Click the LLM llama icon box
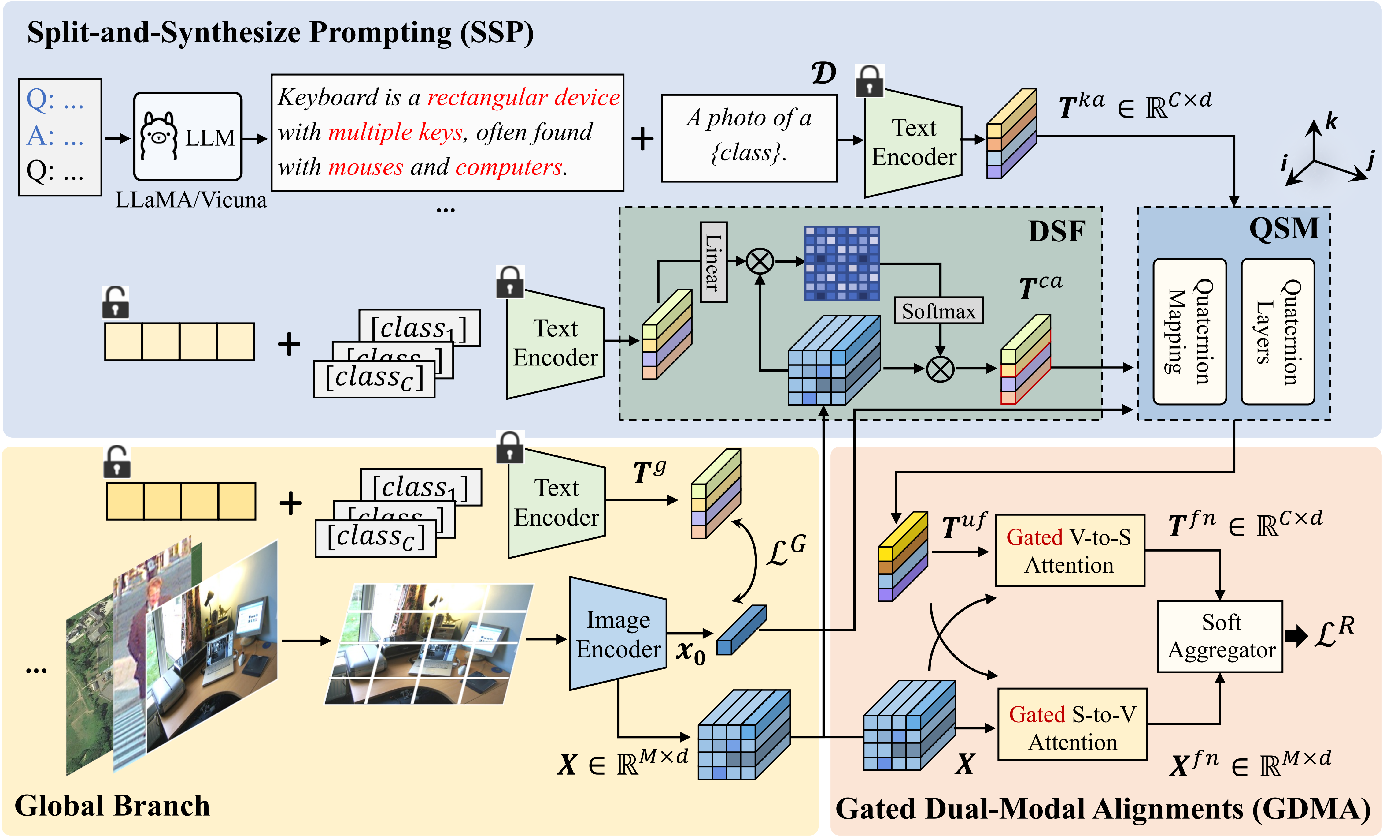tap(187, 137)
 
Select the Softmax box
tap(938, 311)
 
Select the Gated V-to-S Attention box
tap(1069, 550)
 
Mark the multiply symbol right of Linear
tap(760, 261)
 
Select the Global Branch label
tap(112, 806)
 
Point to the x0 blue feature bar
tap(741, 630)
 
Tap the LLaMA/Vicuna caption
tap(191, 200)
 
